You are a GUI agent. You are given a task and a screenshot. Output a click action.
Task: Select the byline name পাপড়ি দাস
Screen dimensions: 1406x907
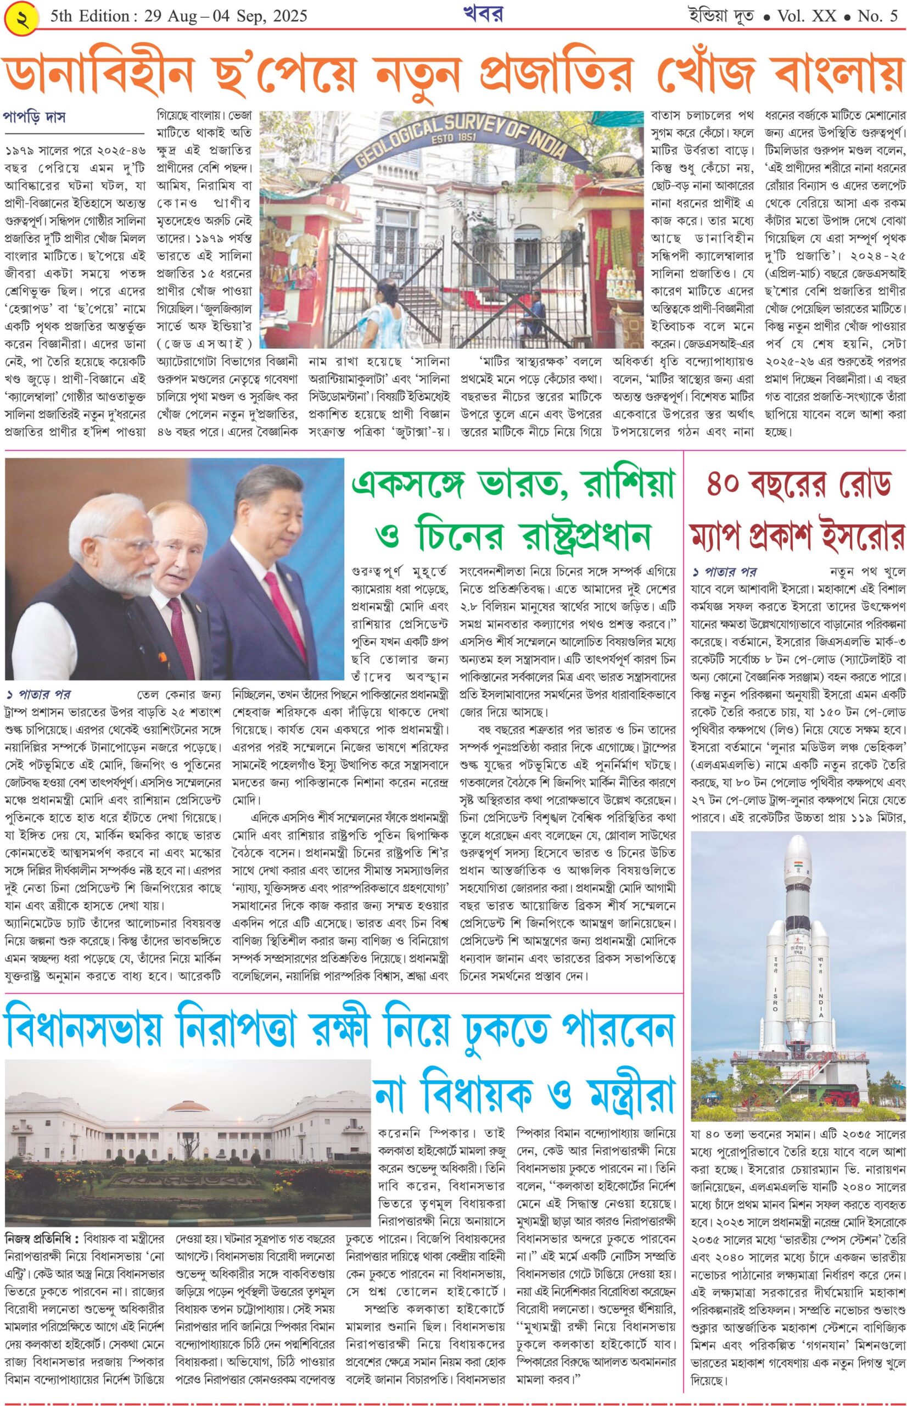click(x=34, y=116)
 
